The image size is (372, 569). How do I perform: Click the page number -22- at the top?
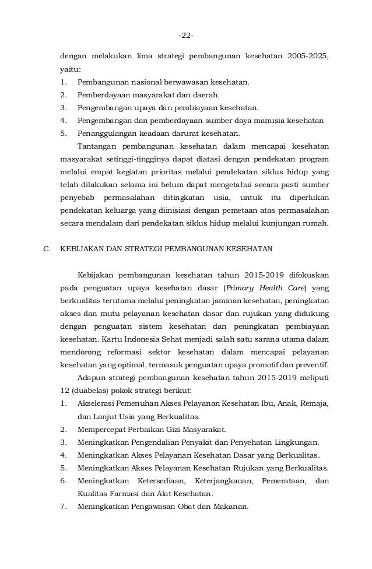click(x=186, y=36)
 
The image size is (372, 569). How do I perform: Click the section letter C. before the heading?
click(x=48, y=248)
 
